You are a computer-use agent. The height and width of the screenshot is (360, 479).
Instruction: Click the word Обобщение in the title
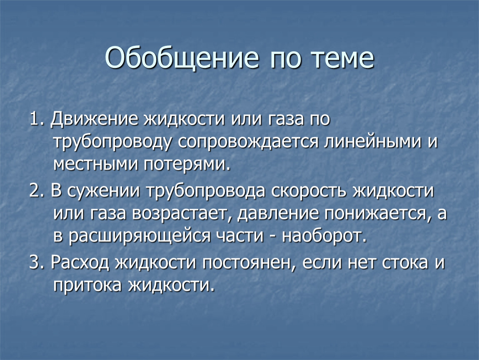pos(182,58)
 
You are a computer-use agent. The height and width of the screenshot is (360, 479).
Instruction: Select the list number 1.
pos(37,119)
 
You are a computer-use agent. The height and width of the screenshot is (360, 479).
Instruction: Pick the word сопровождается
pos(248,142)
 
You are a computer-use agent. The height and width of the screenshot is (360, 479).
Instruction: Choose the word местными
pos(96,165)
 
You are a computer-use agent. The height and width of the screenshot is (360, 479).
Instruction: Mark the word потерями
pos(186,165)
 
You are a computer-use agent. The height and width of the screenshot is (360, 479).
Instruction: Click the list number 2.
pos(37,191)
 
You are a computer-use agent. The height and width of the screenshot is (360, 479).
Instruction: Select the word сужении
pos(104,191)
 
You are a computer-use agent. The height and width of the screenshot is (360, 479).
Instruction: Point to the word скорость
pos(309,191)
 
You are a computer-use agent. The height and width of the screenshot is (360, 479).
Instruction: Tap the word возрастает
pos(180,214)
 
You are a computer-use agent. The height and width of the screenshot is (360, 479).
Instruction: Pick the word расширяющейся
pos(140,237)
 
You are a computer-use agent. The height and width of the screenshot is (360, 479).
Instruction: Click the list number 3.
pos(37,262)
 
